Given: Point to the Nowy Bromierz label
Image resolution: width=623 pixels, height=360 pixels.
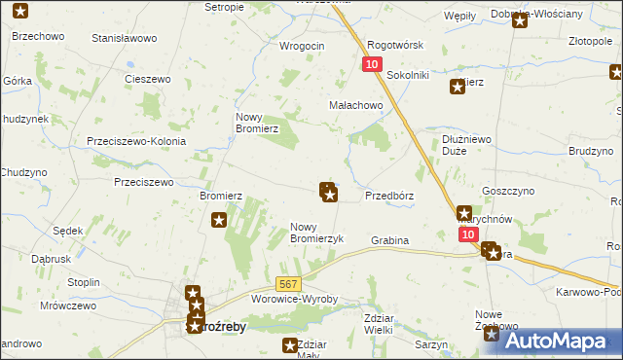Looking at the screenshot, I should pyautogui.click(x=257, y=122).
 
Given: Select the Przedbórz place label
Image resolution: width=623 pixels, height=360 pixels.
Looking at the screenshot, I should pyautogui.click(x=389, y=195).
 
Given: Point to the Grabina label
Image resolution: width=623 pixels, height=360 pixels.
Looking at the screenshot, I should pyautogui.click(x=389, y=239).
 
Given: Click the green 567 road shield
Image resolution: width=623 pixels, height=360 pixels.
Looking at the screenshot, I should pyautogui.click(x=286, y=283).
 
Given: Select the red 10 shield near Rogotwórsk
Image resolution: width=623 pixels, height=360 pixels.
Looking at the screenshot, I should pyautogui.click(x=372, y=64).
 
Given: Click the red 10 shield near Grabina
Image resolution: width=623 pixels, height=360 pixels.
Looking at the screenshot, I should pyautogui.click(x=468, y=235).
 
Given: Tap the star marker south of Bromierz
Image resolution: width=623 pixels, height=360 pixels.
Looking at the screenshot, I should pyautogui.click(x=219, y=220).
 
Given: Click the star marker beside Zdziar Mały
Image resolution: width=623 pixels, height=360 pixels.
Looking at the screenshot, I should pyautogui.click(x=289, y=344).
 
